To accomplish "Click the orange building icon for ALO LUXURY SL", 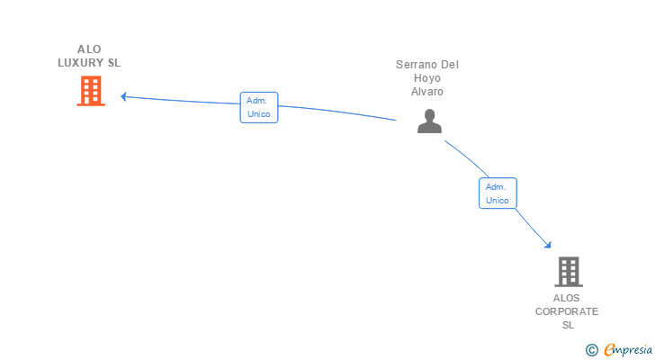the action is (x=91, y=91).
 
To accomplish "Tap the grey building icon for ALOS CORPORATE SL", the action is (x=569, y=272).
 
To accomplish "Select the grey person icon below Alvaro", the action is (x=429, y=121).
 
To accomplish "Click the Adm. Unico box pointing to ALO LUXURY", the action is (x=259, y=107).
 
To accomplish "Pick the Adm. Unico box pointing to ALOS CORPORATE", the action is (x=498, y=193).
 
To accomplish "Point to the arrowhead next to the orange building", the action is (x=123, y=96).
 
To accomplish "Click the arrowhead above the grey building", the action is (x=548, y=245).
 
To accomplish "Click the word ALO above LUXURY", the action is (x=89, y=49).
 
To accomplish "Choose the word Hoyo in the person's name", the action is (x=426, y=78).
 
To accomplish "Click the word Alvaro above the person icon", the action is (x=426, y=92).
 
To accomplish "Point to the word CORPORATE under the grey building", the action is (x=567, y=311).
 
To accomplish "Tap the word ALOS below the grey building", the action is (x=567, y=298).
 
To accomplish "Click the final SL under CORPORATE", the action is (x=568, y=325).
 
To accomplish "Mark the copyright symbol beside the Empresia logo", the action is (x=591, y=350).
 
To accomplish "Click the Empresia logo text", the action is (x=628, y=350).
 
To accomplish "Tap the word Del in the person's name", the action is (x=450, y=65).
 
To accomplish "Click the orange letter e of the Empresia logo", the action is (x=609, y=349).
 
